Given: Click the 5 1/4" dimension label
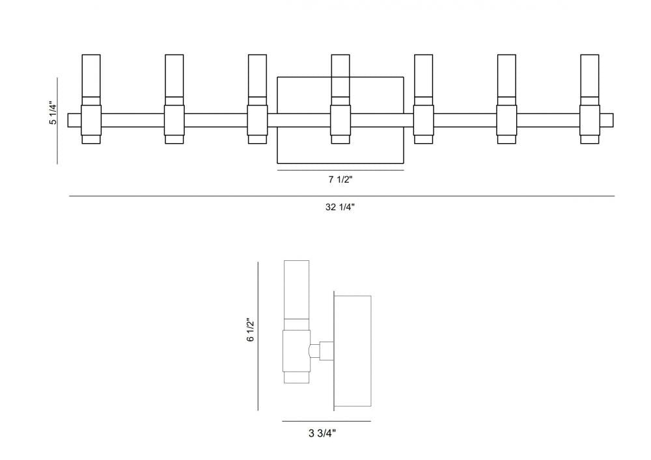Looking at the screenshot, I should coord(53,115).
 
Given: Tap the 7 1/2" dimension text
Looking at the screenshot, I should coord(340,180).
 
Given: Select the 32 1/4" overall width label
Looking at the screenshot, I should coord(339,207).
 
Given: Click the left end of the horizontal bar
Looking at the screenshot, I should coord(73,120).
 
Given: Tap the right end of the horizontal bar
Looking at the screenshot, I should coord(607,120).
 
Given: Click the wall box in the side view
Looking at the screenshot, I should coord(352,351).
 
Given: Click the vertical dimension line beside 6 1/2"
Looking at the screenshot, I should coord(258,336).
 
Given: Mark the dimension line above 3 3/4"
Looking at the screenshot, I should coord(326,421).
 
